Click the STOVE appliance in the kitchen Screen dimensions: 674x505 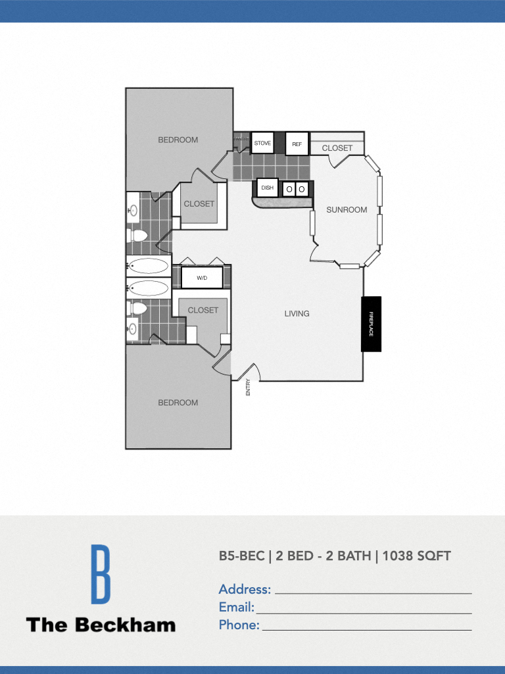tap(262, 143)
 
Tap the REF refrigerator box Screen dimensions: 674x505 tap(297, 143)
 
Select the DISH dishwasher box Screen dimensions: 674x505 tap(268, 188)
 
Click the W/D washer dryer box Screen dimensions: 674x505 tap(202, 278)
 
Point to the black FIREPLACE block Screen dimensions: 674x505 tap(371, 324)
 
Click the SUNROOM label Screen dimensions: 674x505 tap(347, 210)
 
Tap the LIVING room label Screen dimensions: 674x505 tap(297, 314)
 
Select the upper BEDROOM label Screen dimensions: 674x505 tap(178, 140)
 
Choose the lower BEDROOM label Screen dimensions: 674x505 tap(178, 403)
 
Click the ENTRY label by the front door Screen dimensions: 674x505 tap(249, 388)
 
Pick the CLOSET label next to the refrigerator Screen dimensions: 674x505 tap(337, 148)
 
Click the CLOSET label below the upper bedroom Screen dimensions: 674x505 tap(199, 204)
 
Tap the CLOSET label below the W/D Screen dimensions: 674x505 tap(203, 310)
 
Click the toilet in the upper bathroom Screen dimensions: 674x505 tap(139, 235)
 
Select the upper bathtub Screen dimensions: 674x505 tap(148, 266)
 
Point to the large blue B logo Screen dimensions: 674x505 tap(101, 574)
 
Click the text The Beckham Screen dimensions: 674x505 tap(101, 625)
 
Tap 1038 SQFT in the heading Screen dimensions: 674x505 tap(416, 556)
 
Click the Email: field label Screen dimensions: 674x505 tap(236, 607)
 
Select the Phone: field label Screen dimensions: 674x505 tap(239, 625)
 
